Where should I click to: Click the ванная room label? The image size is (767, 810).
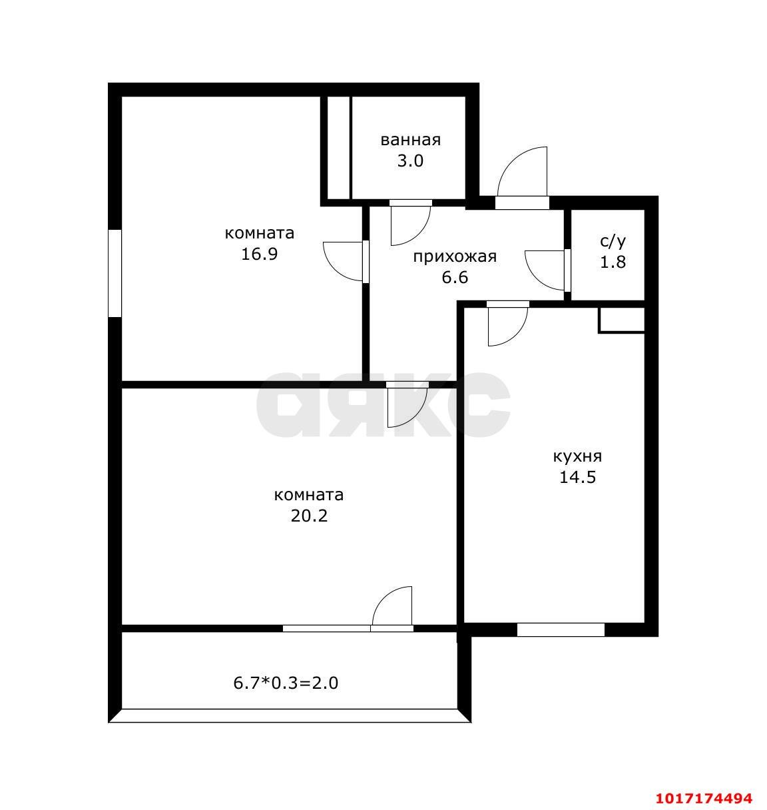(410, 141)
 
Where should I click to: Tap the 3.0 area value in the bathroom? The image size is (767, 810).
(410, 161)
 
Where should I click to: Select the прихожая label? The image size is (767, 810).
(455, 257)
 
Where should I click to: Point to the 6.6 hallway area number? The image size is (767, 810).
(455, 278)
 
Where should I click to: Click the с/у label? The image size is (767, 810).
(613, 241)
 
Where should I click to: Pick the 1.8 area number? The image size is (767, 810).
(613, 262)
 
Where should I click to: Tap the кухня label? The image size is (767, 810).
(577, 457)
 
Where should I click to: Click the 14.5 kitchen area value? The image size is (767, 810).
(577, 478)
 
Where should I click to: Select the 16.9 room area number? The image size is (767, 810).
(259, 254)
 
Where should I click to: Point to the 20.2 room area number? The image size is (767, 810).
(309, 516)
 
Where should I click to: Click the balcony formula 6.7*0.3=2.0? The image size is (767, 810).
(286, 683)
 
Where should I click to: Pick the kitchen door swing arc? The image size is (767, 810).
(517, 334)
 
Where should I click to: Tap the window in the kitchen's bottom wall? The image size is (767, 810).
(560, 629)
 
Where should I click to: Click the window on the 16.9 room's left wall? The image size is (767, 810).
(115, 273)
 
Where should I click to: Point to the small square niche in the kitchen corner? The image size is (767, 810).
(621, 320)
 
